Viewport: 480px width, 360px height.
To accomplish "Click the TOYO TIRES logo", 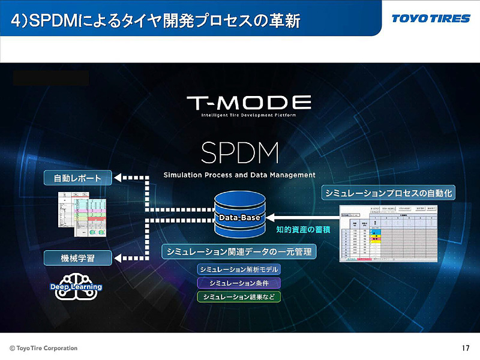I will tap(431, 19).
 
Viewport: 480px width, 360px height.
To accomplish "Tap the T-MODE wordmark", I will tap(248, 103).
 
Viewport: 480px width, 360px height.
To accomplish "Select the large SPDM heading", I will tap(240, 154).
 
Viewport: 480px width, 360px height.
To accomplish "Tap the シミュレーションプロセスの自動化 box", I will tap(389, 193).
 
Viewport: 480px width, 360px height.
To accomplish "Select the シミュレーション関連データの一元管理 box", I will tap(239, 251).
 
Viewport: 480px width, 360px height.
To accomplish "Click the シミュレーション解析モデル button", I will tap(239, 269).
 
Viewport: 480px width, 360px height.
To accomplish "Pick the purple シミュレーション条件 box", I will tap(239, 283).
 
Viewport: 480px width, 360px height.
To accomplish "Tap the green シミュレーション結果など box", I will tap(239, 296).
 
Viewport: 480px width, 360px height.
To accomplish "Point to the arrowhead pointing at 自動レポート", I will tap(118, 178).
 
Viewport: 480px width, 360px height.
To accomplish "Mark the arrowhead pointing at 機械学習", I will tap(118, 258).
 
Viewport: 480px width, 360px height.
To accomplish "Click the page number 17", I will tap(466, 348).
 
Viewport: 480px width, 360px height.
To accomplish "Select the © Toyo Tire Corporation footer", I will tap(43, 348).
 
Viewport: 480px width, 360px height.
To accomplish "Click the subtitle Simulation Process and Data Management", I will tap(239, 175).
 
